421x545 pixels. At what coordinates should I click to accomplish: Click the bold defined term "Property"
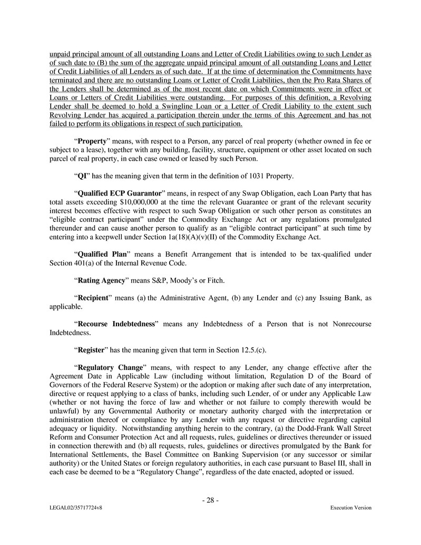94,142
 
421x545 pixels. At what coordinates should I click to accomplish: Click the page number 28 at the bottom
210,500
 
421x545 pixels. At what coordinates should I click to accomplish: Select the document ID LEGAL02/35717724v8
73,508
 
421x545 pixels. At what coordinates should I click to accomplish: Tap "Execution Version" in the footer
350,508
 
